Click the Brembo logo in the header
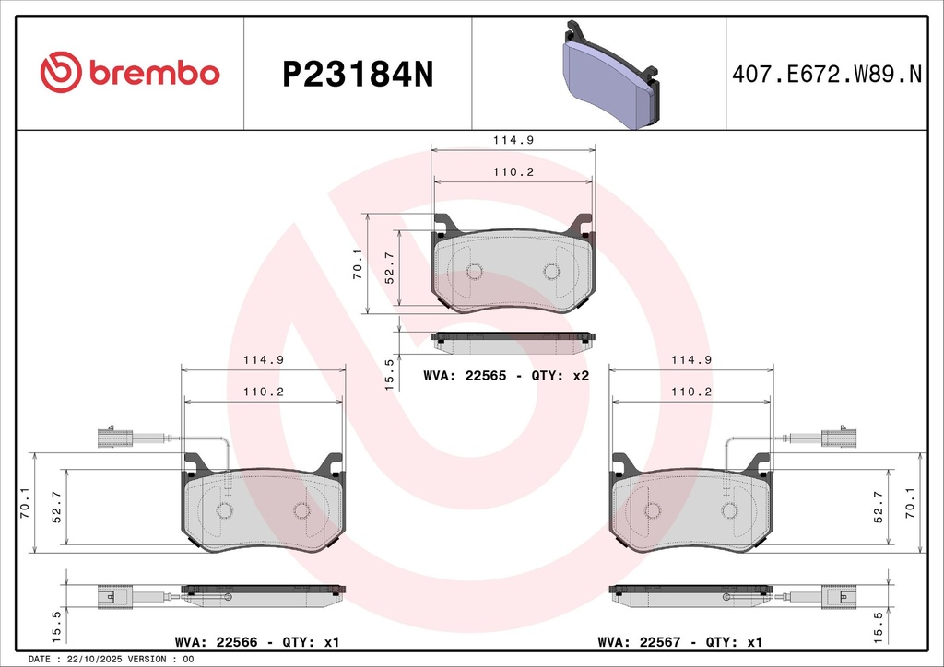coord(130,72)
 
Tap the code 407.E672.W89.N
coord(827,75)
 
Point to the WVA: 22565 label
coord(465,376)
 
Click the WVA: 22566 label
coord(216,642)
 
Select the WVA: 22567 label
coord(639,642)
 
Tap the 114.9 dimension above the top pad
coord(513,140)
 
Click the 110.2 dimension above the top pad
coord(513,172)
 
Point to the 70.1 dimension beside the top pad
coord(358,263)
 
